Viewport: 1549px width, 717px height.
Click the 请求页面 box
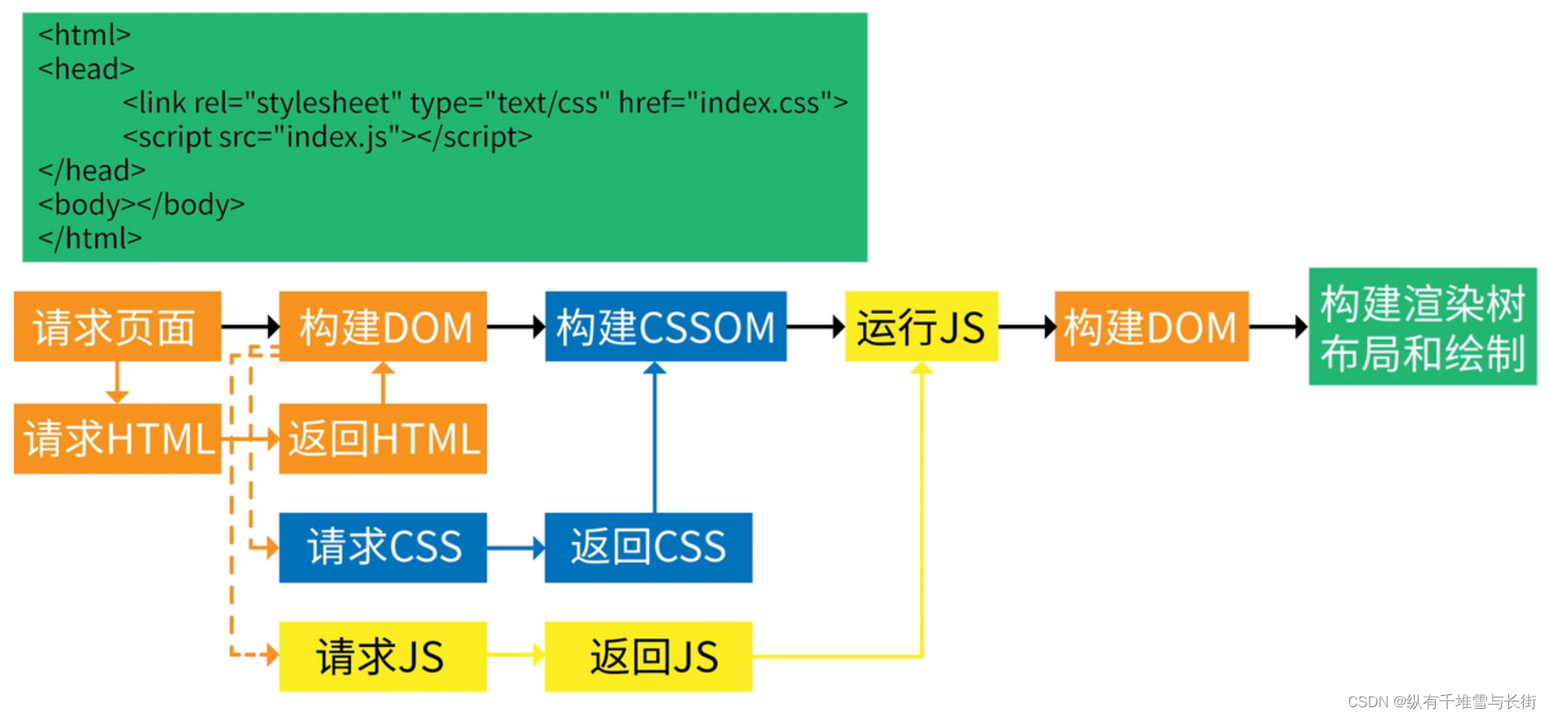(117, 326)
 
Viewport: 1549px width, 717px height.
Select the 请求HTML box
(117, 439)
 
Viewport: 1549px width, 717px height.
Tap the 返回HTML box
(383, 439)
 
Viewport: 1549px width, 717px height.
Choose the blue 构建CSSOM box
(665, 326)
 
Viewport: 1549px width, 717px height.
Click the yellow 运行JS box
(921, 326)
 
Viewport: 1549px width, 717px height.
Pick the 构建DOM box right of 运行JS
(1151, 326)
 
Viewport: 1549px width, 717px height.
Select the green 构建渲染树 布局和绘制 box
(1422, 326)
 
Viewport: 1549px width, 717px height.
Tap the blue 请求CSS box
(383, 547)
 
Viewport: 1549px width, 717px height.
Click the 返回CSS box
(648, 547)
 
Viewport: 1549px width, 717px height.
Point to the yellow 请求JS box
(383, 656)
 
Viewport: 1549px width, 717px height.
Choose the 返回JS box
(648, 656)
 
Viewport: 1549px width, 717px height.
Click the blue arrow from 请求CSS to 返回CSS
(516, 548)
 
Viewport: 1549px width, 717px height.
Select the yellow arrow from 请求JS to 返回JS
(516, 654)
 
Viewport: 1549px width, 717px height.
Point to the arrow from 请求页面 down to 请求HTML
(117, 383)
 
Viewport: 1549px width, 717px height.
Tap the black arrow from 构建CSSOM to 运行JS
(815, 327)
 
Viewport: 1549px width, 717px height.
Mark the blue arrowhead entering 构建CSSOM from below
(655, 369)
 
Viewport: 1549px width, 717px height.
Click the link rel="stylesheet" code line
(485, 103)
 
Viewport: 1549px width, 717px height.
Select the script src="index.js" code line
(327, 137)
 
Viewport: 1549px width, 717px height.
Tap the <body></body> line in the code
(142, 204)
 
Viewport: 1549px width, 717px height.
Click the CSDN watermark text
(1441, 702)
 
